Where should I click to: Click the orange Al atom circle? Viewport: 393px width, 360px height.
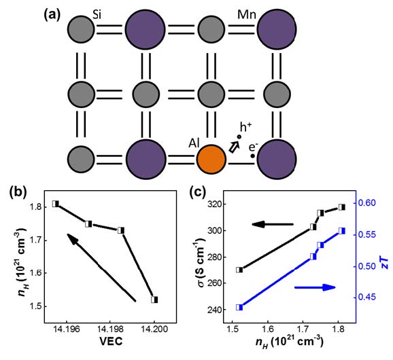pos(211,159)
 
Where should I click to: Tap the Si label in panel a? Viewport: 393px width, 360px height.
pos(97,15)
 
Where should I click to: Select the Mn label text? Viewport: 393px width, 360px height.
pos(247,15)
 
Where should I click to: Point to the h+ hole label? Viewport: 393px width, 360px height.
pos(246,127)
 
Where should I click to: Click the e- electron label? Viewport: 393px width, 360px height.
pos(254,147)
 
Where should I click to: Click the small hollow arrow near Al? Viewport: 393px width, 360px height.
pos(234,147)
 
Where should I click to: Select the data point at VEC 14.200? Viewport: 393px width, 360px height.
pos(154,300)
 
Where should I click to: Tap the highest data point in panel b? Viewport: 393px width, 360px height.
pos(55,204)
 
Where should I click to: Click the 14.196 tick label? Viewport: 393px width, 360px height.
pos(67,329)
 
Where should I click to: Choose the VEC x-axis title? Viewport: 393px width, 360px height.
pos(111,341)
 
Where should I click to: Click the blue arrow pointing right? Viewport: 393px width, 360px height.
pos(315,287)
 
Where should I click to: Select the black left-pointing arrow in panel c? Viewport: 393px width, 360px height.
pos(273,224)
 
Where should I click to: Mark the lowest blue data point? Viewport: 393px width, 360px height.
pos(239,308)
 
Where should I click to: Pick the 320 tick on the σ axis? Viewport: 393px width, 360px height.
pos(215,204)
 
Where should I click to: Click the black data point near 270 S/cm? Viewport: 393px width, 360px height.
pos(239,270)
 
